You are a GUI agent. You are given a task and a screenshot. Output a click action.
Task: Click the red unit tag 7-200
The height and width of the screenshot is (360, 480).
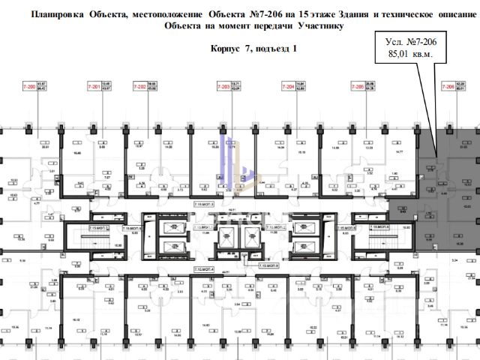point(31,87)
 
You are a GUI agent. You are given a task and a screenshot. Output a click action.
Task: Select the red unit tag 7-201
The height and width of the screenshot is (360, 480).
point(94,87)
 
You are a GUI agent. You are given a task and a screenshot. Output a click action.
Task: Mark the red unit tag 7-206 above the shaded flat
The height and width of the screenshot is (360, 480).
point(448,87)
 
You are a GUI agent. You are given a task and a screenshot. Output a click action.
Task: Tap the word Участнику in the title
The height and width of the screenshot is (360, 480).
point(315,25)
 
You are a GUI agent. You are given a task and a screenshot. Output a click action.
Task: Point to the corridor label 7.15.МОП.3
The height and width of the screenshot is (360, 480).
point(205,203)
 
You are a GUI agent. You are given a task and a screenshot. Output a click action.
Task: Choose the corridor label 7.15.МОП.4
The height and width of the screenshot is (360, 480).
point(205,268)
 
